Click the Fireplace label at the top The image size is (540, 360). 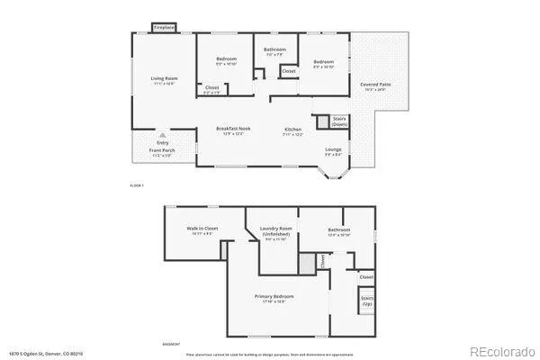point(164,28)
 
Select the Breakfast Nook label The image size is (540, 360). point(233,129)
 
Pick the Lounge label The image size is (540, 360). point(333,149)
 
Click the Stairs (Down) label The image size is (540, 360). point(340,121)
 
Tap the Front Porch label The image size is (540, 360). point(162,152)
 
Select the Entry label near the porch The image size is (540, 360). point(162,142)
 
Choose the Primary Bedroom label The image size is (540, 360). point(274,296)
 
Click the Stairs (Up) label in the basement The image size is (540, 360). point(366,301)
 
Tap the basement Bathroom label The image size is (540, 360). point(339,229)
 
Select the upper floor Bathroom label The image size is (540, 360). point(274,49)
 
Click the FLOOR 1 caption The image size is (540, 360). point(138,184)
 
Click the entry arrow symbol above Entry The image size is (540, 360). point(162,134)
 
